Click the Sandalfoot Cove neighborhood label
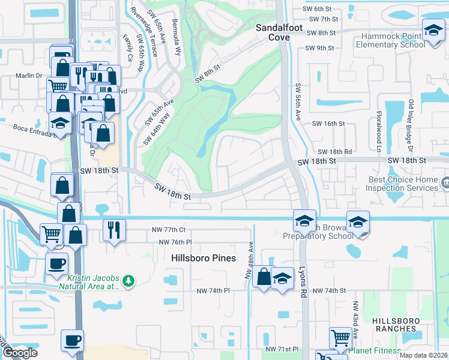pyautogui.click(x=273, y=32)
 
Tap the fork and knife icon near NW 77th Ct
pyautogui.click(x=112, y=229)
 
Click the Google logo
pyautogui.click(x=20, y=353)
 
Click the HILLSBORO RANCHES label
pyautogui.click(x=394, y=325)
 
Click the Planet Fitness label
pyautogui.click(x=375, y=351)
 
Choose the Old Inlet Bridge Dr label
pyautogui.click(x=412, y=125)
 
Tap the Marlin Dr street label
pyautogui.click(x=30, y=76)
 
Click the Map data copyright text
pyautogui.click(x=423, y=355)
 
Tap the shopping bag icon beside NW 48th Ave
pyautogui.click(x=264, y=277)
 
